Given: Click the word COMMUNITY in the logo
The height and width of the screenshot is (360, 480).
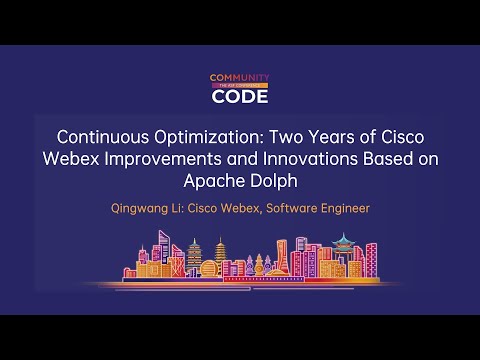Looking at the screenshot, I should point(239,77).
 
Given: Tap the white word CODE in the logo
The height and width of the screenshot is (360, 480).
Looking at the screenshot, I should point(239,97).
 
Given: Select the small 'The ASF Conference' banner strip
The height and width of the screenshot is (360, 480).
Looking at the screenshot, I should point(239,86).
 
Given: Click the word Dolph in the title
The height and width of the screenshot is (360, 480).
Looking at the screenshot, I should point(273,181).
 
